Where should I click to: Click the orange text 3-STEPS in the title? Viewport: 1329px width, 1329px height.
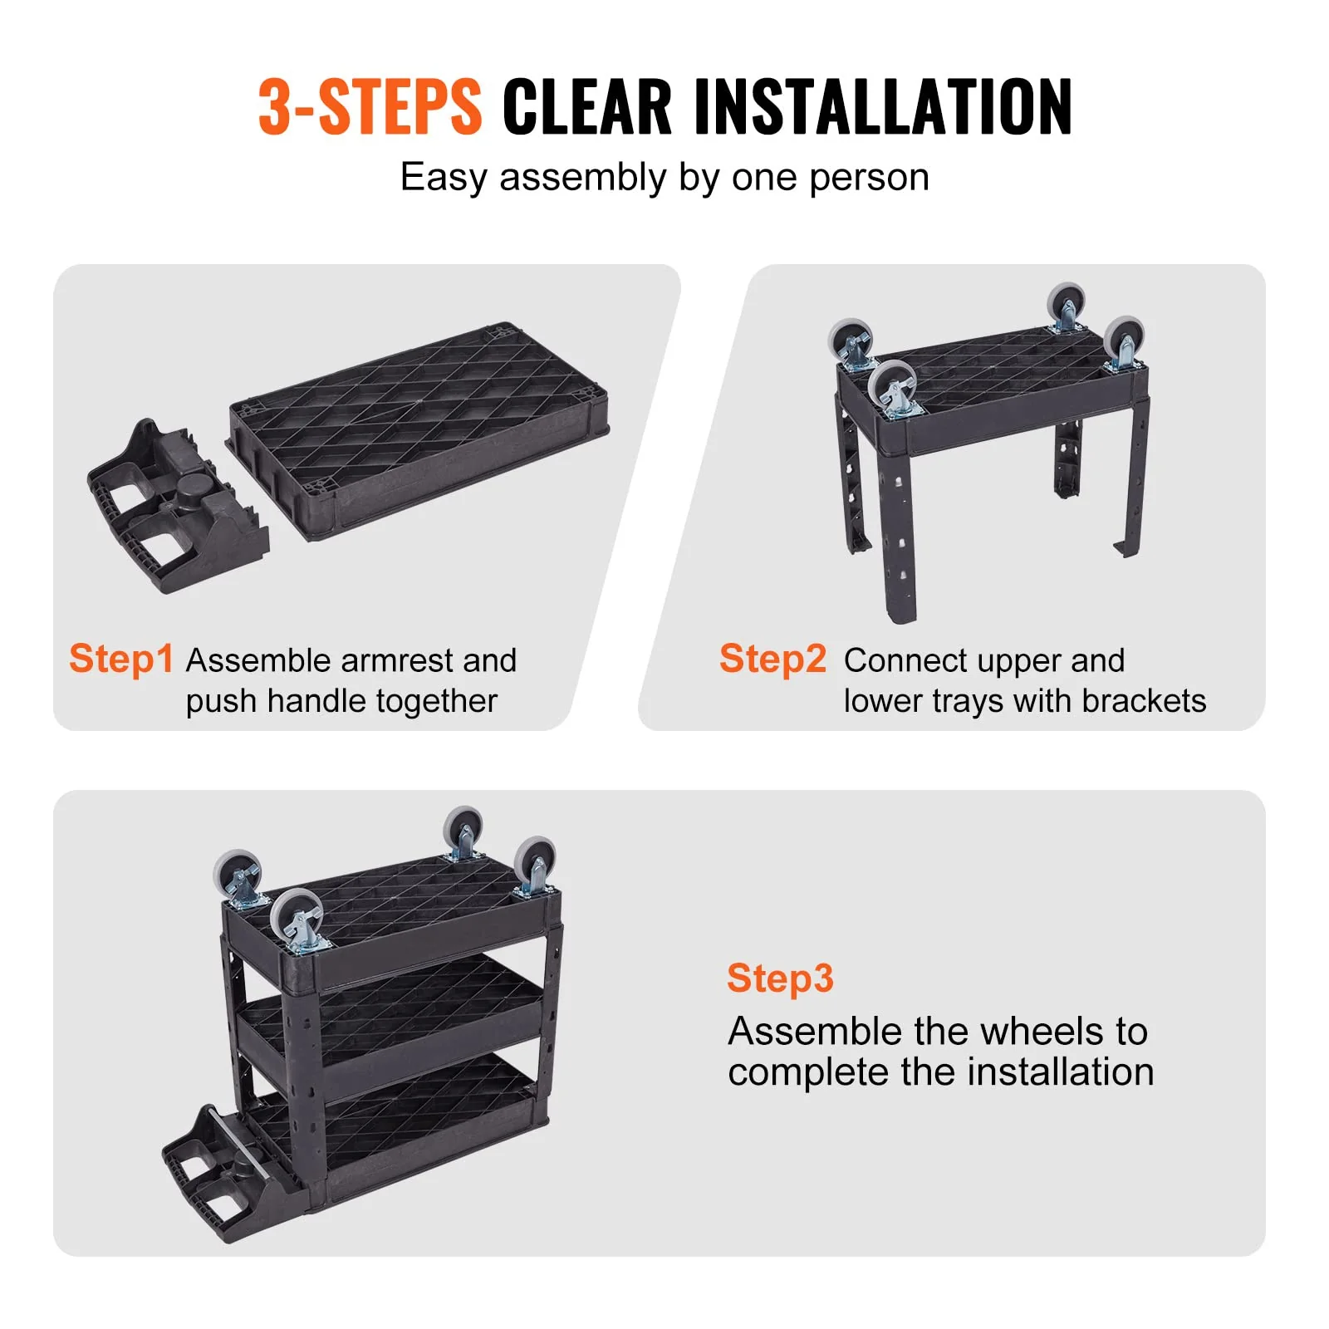tap(370, 106)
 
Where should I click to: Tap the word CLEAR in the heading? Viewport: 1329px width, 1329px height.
tap(586, 106)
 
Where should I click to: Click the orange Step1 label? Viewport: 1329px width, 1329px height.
tap(121, 659)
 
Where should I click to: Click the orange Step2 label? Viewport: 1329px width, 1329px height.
tap(772, 659)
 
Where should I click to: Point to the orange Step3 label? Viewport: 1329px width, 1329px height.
tap(779, 978)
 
